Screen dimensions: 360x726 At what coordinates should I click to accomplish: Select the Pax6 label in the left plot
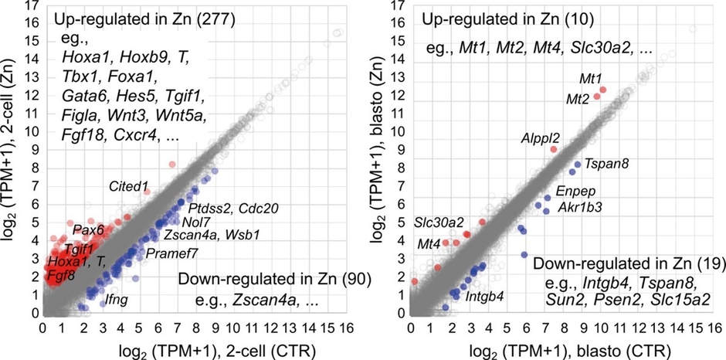point(87,229)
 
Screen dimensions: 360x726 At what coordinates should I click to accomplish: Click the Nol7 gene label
point(195,222)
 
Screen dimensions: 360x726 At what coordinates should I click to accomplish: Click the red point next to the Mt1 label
point(603,90)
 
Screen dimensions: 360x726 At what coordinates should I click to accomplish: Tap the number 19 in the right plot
point(705,264)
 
